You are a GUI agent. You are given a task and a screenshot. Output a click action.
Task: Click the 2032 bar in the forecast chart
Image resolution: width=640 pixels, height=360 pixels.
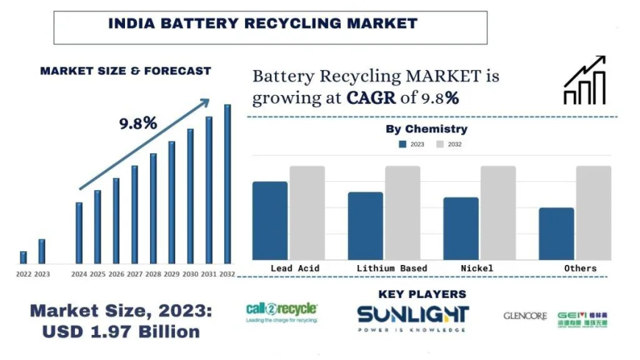click(x=227, y=184)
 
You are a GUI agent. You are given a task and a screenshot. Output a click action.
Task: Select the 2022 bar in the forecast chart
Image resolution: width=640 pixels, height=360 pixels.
click(x=24, y=257)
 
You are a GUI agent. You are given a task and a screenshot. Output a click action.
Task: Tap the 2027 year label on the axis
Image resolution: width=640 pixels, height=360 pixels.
click(x=135, y=274)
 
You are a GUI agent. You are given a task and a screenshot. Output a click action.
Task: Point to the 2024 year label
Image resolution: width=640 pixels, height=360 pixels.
click(x=79, y=274)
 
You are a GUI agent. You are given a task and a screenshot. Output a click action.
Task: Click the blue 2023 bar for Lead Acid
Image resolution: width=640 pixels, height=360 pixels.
click(x=270, y=220)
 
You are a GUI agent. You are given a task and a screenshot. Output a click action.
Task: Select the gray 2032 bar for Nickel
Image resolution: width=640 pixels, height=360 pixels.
click(x=498, y=212)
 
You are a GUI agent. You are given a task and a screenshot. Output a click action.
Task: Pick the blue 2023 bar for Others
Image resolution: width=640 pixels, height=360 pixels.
click(x=556, y=233)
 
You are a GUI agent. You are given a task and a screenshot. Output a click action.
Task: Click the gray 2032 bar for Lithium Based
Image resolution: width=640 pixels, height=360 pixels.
click(x=402, y=212)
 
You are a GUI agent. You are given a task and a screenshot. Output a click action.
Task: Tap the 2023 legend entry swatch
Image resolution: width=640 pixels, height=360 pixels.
click(x=402, y=144)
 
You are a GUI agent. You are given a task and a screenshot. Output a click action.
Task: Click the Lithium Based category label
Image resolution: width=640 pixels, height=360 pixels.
click(x=391, y=268)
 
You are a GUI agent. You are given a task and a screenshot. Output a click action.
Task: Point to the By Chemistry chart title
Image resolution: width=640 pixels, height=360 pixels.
click(x=427, y=129)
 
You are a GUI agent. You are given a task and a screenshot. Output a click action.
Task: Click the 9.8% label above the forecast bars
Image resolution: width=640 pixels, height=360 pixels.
click(x=138, y=123)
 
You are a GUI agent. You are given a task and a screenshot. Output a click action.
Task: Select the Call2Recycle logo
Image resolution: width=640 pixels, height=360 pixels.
click(x=282, y=313)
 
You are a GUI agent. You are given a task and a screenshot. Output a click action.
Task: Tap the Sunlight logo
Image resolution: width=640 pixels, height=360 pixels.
click(x=412, y=316)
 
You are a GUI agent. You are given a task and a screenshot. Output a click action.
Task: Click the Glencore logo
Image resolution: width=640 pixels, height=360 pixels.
click(x=525, y=316)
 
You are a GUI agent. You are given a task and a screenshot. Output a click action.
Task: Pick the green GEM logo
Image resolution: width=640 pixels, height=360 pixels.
click(x=583, y=318)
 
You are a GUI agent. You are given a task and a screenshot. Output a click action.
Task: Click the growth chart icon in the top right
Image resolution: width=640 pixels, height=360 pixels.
click(x=584, y=80)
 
